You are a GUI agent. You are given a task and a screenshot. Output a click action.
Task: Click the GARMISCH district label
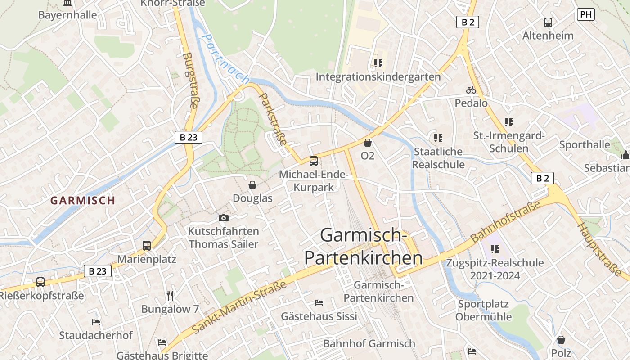coord(83,200)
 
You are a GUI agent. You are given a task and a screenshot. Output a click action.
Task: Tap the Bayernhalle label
coord(67,15)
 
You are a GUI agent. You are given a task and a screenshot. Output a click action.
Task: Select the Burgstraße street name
coord(191,81)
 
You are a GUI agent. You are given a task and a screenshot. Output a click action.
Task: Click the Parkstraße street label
coord(274,119)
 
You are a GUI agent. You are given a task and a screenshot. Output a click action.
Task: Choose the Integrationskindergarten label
coord(378,76)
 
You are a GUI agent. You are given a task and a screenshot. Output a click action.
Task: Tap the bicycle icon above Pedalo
coord(471,90)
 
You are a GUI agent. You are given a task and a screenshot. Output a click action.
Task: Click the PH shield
coord(585,14)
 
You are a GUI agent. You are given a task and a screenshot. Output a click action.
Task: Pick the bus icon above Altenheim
coord(548,22)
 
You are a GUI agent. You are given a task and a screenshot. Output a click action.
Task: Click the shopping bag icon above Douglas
coord(252,185)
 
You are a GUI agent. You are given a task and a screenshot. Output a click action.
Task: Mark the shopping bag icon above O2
coord(368,143)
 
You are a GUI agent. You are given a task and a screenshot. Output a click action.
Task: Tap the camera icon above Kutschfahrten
coord(223,218)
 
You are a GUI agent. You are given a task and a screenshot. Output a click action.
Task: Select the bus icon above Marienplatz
coord(147,246)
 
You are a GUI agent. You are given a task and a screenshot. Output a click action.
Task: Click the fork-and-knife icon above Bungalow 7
coord(170,295)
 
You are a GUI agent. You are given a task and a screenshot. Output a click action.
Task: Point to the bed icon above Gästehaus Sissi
coord(319,303)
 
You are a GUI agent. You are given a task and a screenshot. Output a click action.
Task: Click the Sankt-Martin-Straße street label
coord(239,307)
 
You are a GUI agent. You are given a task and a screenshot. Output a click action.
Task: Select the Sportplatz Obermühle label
coord(483,310)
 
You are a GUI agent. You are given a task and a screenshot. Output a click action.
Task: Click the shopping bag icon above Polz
coord(561,340)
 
